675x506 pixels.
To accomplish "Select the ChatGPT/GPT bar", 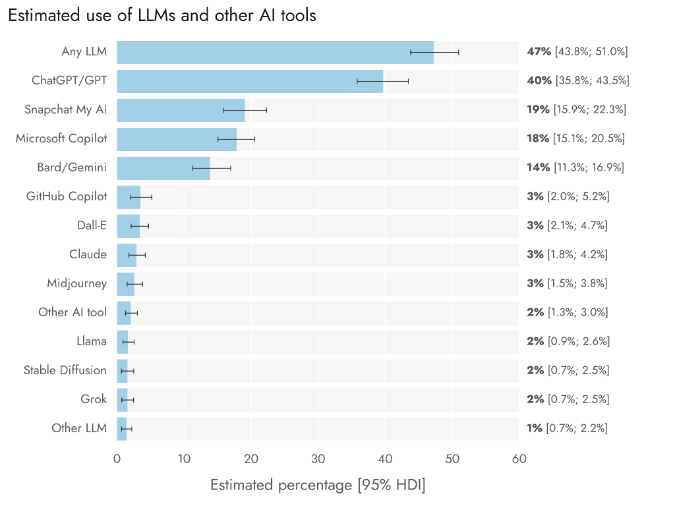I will point(250,81).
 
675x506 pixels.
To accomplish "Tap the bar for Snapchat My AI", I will point(181,110).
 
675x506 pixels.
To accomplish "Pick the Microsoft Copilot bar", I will point(177,139).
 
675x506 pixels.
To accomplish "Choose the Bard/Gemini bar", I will point(163,168).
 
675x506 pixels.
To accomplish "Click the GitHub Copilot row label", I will point(66,196).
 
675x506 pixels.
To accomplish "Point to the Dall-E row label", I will point(92,225).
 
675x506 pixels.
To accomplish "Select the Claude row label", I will point(88,254).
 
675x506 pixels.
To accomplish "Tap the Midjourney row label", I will point(76,283).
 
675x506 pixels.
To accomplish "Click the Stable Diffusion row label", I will point(65,370).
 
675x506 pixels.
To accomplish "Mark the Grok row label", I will point(94,399).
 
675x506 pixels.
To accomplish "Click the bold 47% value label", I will point(539,51).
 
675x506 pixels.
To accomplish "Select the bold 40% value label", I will point(539,80).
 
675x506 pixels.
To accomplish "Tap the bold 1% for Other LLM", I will point(535,428).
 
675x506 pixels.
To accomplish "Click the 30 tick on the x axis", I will point(318,459).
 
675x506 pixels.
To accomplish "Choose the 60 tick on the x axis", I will point(519,459).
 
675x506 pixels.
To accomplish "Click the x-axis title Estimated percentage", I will point(318,486).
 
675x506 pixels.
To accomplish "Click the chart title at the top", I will point(162,16).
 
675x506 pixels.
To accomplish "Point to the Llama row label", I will point(92,341).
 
